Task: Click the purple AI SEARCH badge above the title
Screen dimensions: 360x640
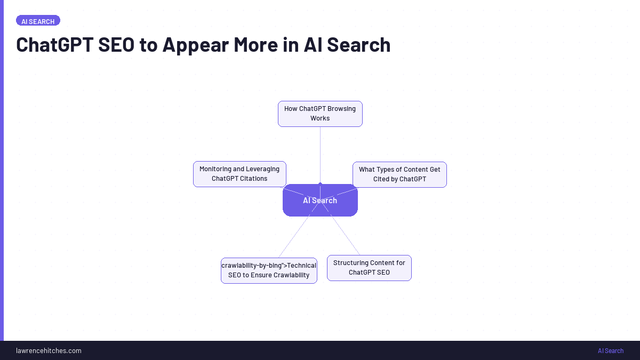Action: (x=38, y=21)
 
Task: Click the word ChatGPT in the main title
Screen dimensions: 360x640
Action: (x=54, y=45)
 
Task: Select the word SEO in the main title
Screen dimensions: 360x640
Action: (x=116, y=45)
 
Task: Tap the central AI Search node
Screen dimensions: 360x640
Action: (x=320, y=201)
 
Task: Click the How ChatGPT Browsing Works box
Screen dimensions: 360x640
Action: (x=320, y=114)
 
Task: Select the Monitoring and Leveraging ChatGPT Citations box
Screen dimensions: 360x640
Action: (x=239, y=174)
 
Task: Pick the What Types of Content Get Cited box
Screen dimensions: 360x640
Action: (x=399, y=174)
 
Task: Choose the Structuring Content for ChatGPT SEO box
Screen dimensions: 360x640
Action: (x=369, y=268)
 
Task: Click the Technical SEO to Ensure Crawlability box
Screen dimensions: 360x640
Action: (x=269, y=270)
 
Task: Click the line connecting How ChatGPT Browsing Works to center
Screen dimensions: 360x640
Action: (x=320, y=155)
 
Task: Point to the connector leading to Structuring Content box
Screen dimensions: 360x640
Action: (x=346, y=235)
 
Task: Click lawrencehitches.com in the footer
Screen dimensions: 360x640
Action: (x=49, y=350)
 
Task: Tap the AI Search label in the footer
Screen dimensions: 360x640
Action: (x=611, y=350)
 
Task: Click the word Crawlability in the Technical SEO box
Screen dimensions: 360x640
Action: (x=291, y=275)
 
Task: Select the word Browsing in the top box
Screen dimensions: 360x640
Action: (x=341, y=109)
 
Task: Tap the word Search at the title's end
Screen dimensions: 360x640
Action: (x=358, y=45)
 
